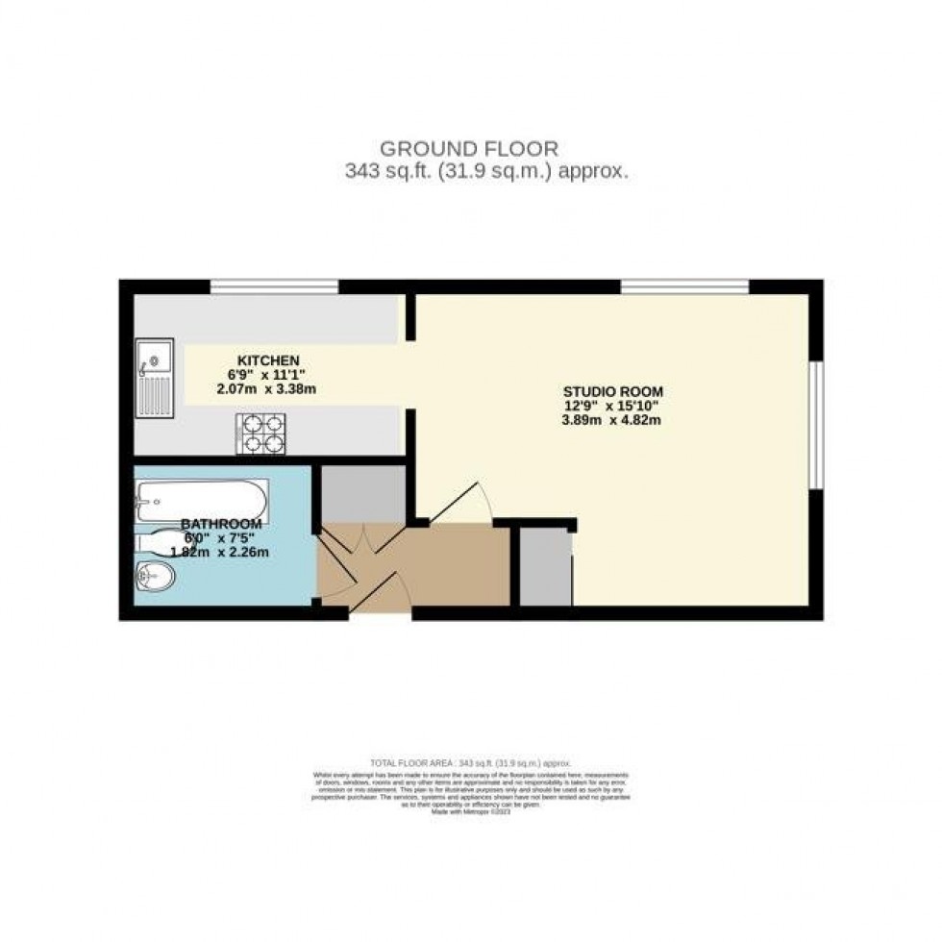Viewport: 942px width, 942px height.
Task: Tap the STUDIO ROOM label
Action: [612, 391]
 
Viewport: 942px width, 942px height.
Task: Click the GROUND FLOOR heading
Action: [469, 149]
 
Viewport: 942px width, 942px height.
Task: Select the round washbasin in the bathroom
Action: [155, 579]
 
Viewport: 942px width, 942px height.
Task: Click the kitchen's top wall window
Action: [274, 285]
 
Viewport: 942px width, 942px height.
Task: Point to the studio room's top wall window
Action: [684, 285]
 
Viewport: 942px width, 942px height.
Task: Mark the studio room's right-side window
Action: [815, 425]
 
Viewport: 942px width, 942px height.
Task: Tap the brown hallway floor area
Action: [433, 567]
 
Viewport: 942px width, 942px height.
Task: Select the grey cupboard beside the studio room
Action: [545, 567]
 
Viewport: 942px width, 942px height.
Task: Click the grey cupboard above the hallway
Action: [362, 493]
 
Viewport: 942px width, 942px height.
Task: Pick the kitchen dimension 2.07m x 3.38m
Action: [266, 389]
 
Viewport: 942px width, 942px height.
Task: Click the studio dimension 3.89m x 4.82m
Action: [612, 419]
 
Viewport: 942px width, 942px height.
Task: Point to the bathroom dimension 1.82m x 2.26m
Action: [219, 552]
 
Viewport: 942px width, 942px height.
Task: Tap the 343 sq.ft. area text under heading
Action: [485, 172]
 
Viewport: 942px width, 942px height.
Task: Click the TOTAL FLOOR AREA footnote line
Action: [469, 762]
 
